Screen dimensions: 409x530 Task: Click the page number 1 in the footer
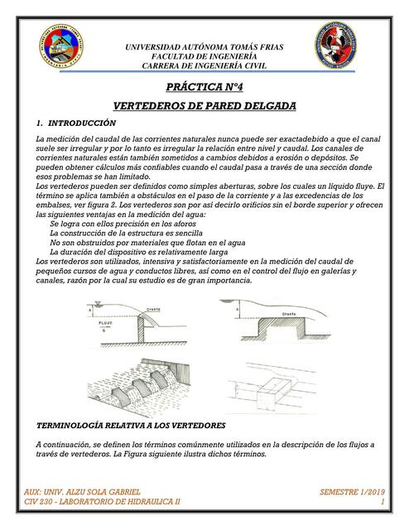click(x=383, y=502)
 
